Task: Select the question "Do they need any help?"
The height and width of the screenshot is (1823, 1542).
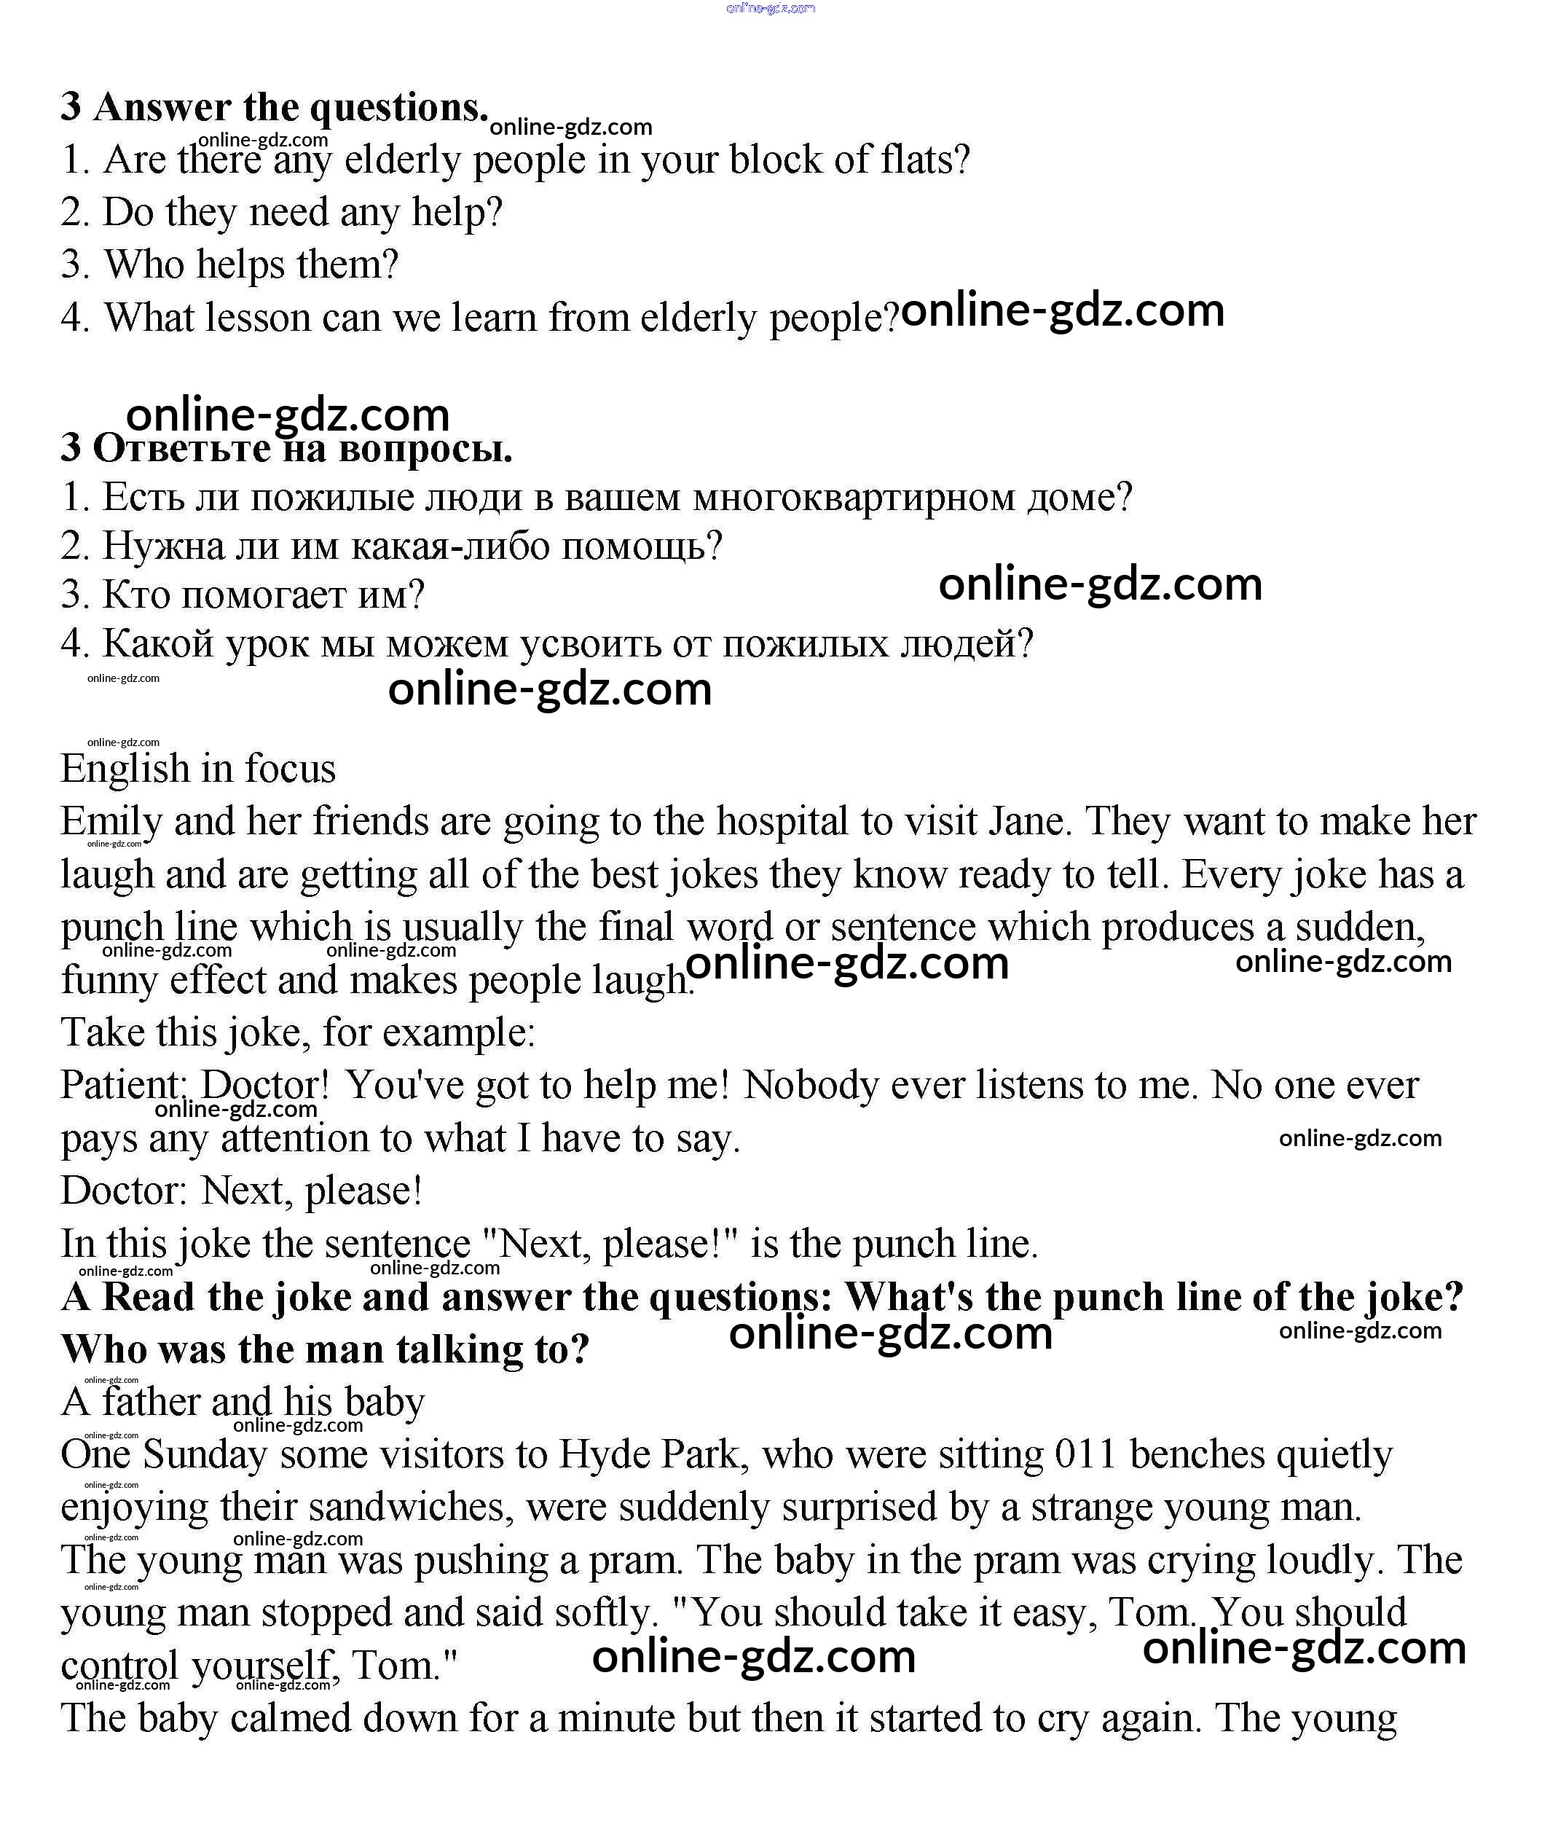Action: (281, 213)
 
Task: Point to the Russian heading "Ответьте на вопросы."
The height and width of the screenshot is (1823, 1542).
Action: (302, 449)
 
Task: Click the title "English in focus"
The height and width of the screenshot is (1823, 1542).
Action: (197, 769)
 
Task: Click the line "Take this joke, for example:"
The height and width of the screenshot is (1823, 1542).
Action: (297, 1032)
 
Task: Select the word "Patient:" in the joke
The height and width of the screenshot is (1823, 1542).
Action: (123, 1086)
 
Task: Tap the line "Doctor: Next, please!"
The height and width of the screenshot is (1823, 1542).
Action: (241, 1191)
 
